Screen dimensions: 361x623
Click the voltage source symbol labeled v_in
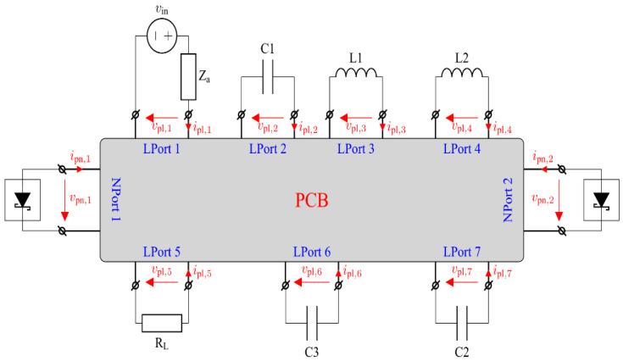tap(161, 38)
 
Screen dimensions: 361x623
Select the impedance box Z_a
tap(187, 78)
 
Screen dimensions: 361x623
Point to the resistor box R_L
tap(161, 323)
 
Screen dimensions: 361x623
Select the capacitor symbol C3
tap(312, 323)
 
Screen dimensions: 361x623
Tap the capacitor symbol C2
tap(462, 323)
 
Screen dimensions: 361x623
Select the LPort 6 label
tap(312, 253)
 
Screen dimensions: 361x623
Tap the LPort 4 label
tap(463, 149)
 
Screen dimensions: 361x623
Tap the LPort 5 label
tap(161, 253)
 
